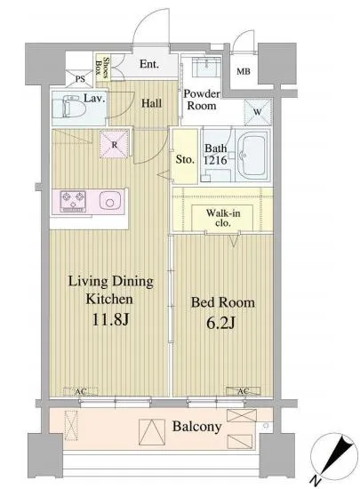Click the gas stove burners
[73, 201]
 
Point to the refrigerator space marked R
[114, 144]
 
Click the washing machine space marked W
[258, 112]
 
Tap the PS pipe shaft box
[80, 78]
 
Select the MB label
[244, 71]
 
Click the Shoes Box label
[102, 67]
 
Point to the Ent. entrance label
[149, 64]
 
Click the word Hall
[151, 103]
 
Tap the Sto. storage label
[185, 159]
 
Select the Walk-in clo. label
[223, 218]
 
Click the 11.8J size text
[110, 320]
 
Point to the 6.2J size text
[220, 324]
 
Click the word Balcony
[197, 427]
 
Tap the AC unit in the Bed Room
[244, 391]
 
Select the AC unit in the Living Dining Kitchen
[80, 391]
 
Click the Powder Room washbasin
[206, 67]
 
